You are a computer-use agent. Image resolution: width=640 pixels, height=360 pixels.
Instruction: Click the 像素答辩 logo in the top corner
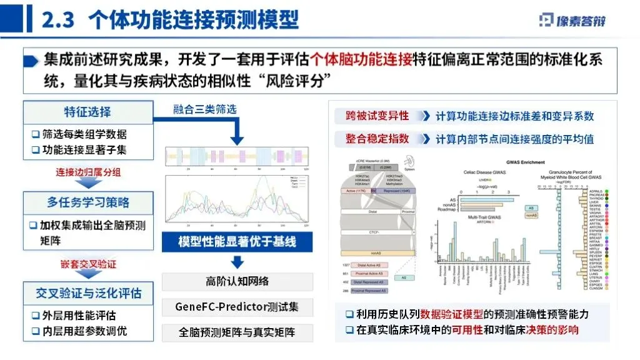571,20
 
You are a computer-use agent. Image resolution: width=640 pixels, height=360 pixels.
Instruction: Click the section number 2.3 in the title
58,21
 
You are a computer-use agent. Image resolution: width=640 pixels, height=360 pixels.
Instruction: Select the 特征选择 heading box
88,112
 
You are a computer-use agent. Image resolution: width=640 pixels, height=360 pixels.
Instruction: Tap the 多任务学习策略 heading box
88,202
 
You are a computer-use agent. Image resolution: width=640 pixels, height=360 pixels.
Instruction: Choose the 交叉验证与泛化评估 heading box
88,292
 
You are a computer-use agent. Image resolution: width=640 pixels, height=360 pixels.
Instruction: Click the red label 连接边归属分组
88,172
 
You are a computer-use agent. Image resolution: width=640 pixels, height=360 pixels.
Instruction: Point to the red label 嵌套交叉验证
88,264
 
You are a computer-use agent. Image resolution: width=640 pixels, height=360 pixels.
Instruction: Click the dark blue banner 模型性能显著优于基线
237,242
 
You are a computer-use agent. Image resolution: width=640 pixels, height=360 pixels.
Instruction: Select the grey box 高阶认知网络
237,281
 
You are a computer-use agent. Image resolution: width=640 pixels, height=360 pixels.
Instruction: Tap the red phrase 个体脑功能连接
361,59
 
